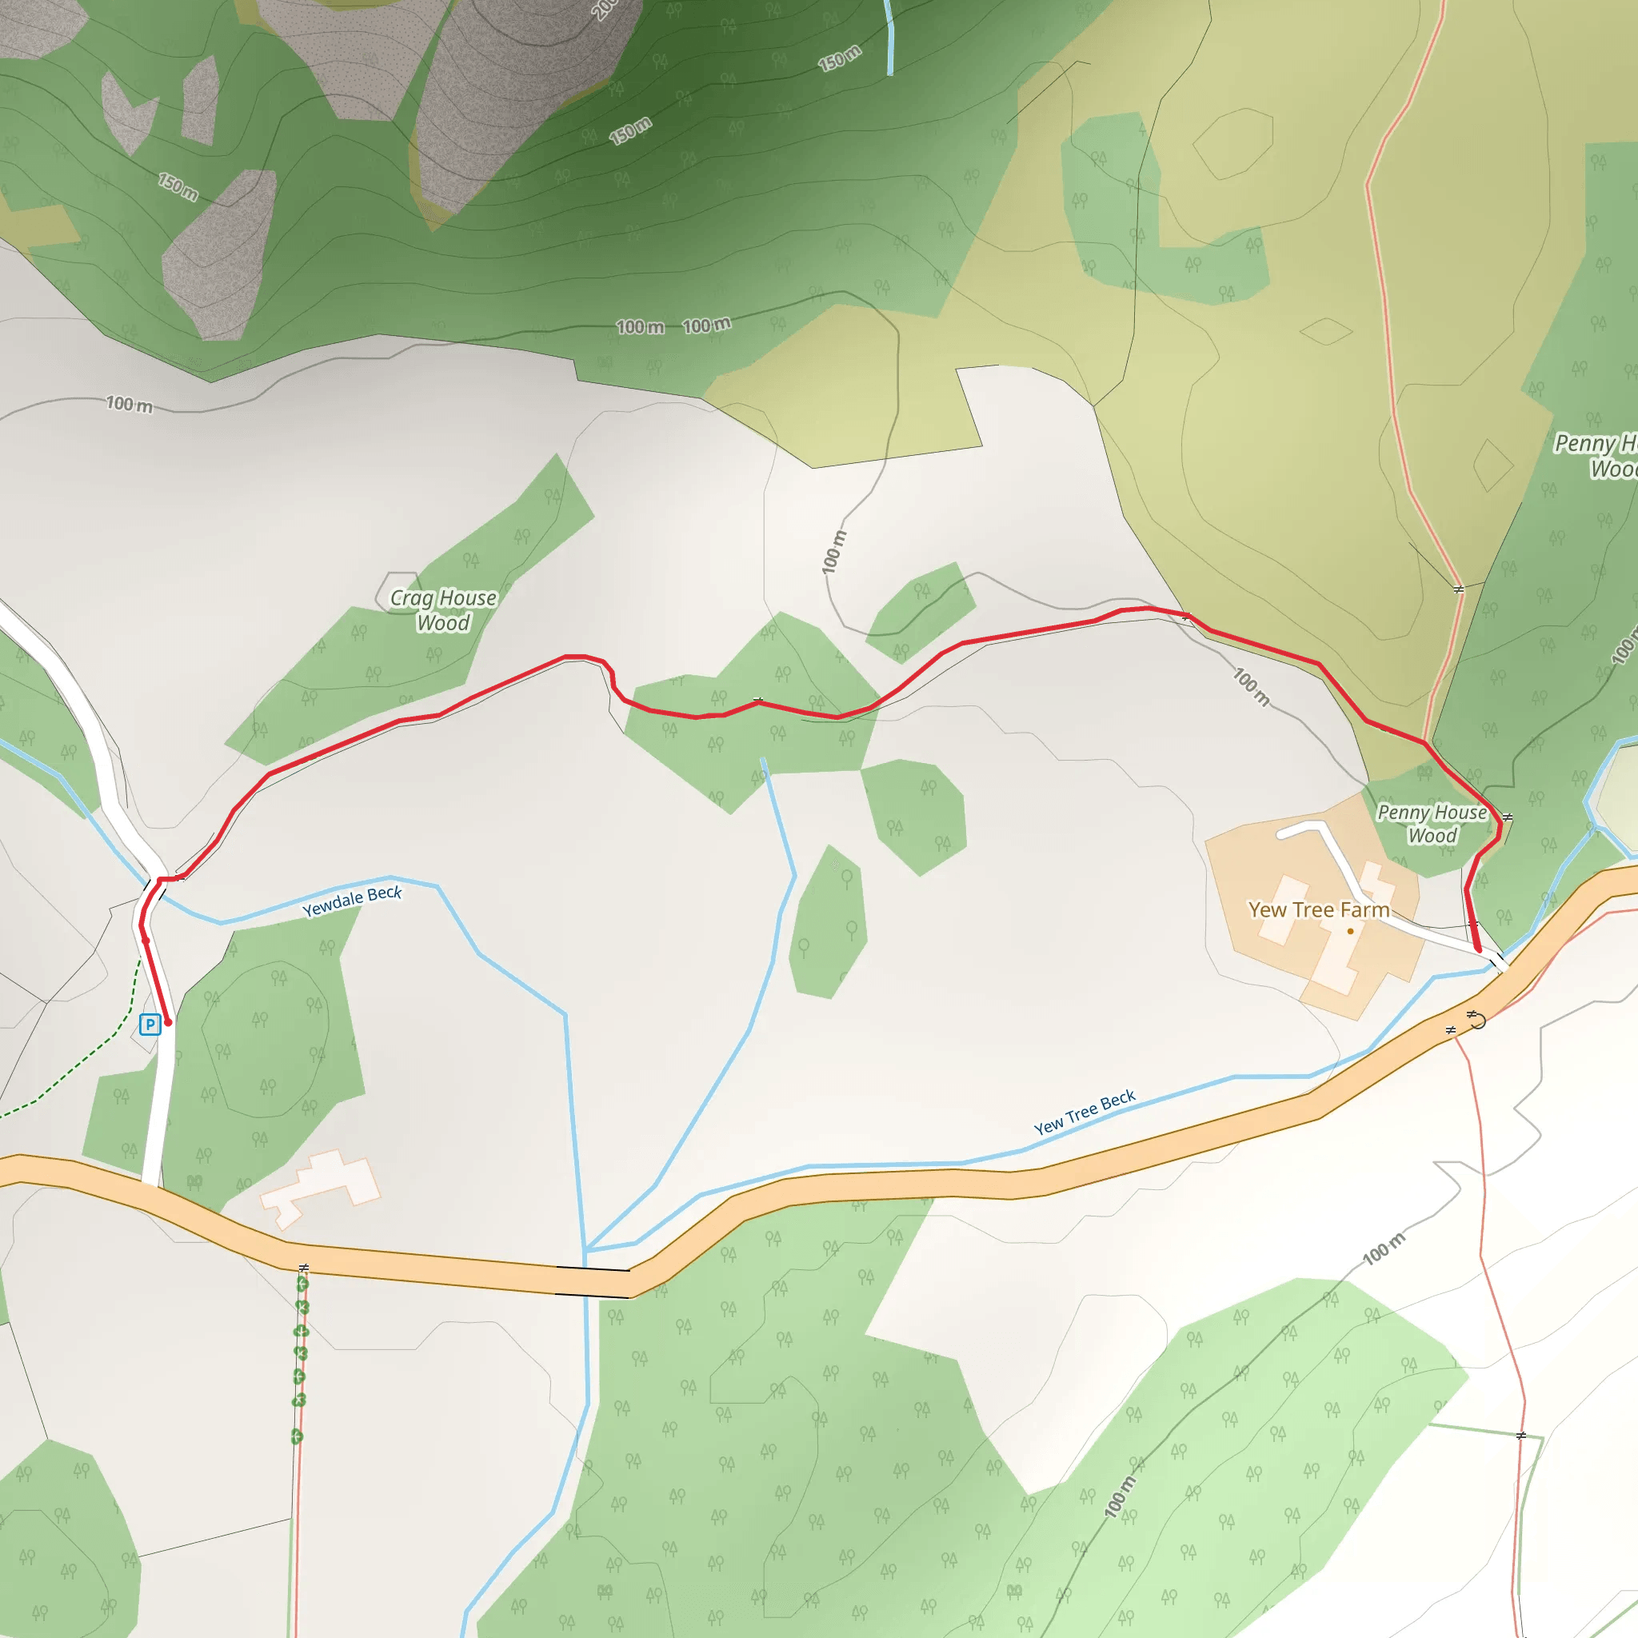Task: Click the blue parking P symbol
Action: pyautogui.click(x=150, y=1025)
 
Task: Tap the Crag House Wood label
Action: pyautogui.click(x=442, y=610)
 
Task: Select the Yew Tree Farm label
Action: pyautogui.click(x=1318, y=909)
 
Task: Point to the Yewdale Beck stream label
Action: pyautogui.click(x=352, y=901)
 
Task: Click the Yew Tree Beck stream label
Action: pyautogui.click(x=1085, y=1113)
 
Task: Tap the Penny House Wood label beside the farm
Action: pyautogui.click(x=1432, y=823)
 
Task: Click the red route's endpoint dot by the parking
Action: pyautogui.click(x=168, y=1022)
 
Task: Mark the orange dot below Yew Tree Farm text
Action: pyautogui.click(x=1351, y=931)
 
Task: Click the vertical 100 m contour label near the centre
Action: pyautogui.click(x=834, y=552)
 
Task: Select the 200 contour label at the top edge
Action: pyautogui.click(x=605, y=9)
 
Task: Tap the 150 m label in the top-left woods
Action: pyautogui.click(x=178, y=186)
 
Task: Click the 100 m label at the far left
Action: pyautogui.click(x=129, y=405)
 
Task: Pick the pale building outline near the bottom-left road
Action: pyautogui.click(x=321, y=1185)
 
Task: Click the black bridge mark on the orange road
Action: pyautogui.click(x=592, y=1281)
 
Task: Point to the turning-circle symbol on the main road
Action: pyautogui.click(x=1477, y=1021)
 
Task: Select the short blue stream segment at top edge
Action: pyautogui.click(x=889, y=38)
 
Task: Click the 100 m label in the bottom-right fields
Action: pyautogui.click(x=1384, y=1248)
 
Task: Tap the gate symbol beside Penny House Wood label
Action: pyautogui.click(x=1507, y=817)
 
